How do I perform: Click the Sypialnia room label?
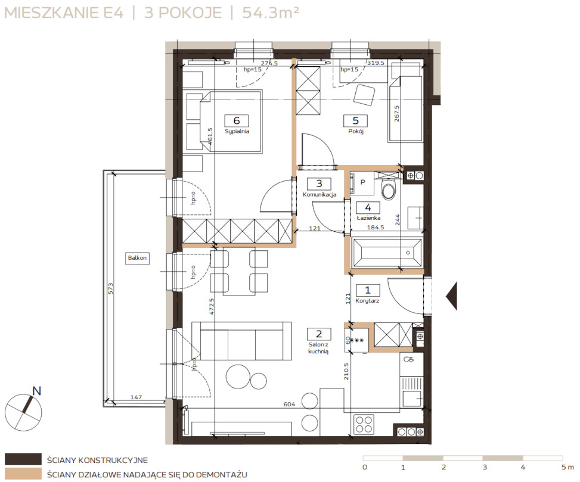[237, 131]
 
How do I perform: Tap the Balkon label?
[137, 258]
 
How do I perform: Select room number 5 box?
[355, 120]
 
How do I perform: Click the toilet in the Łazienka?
[389, 189]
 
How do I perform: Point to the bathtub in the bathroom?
[387, 253]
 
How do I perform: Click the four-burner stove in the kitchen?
[364, 424]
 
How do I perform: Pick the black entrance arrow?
[452, 296]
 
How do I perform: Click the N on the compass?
[36, 391]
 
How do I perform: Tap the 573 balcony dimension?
[111, 289]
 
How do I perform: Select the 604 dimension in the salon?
[289, 405]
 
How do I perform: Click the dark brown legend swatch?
[23, 459]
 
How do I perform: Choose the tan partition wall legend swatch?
[23, 474]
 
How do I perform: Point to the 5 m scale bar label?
[568, 467]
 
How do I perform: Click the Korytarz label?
[367, 301]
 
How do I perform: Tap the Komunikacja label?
[320, 194]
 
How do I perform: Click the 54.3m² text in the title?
[271, 13]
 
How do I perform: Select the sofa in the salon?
[241, 340]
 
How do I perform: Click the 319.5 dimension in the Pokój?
[376, 63]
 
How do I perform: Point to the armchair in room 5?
[364, 94]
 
